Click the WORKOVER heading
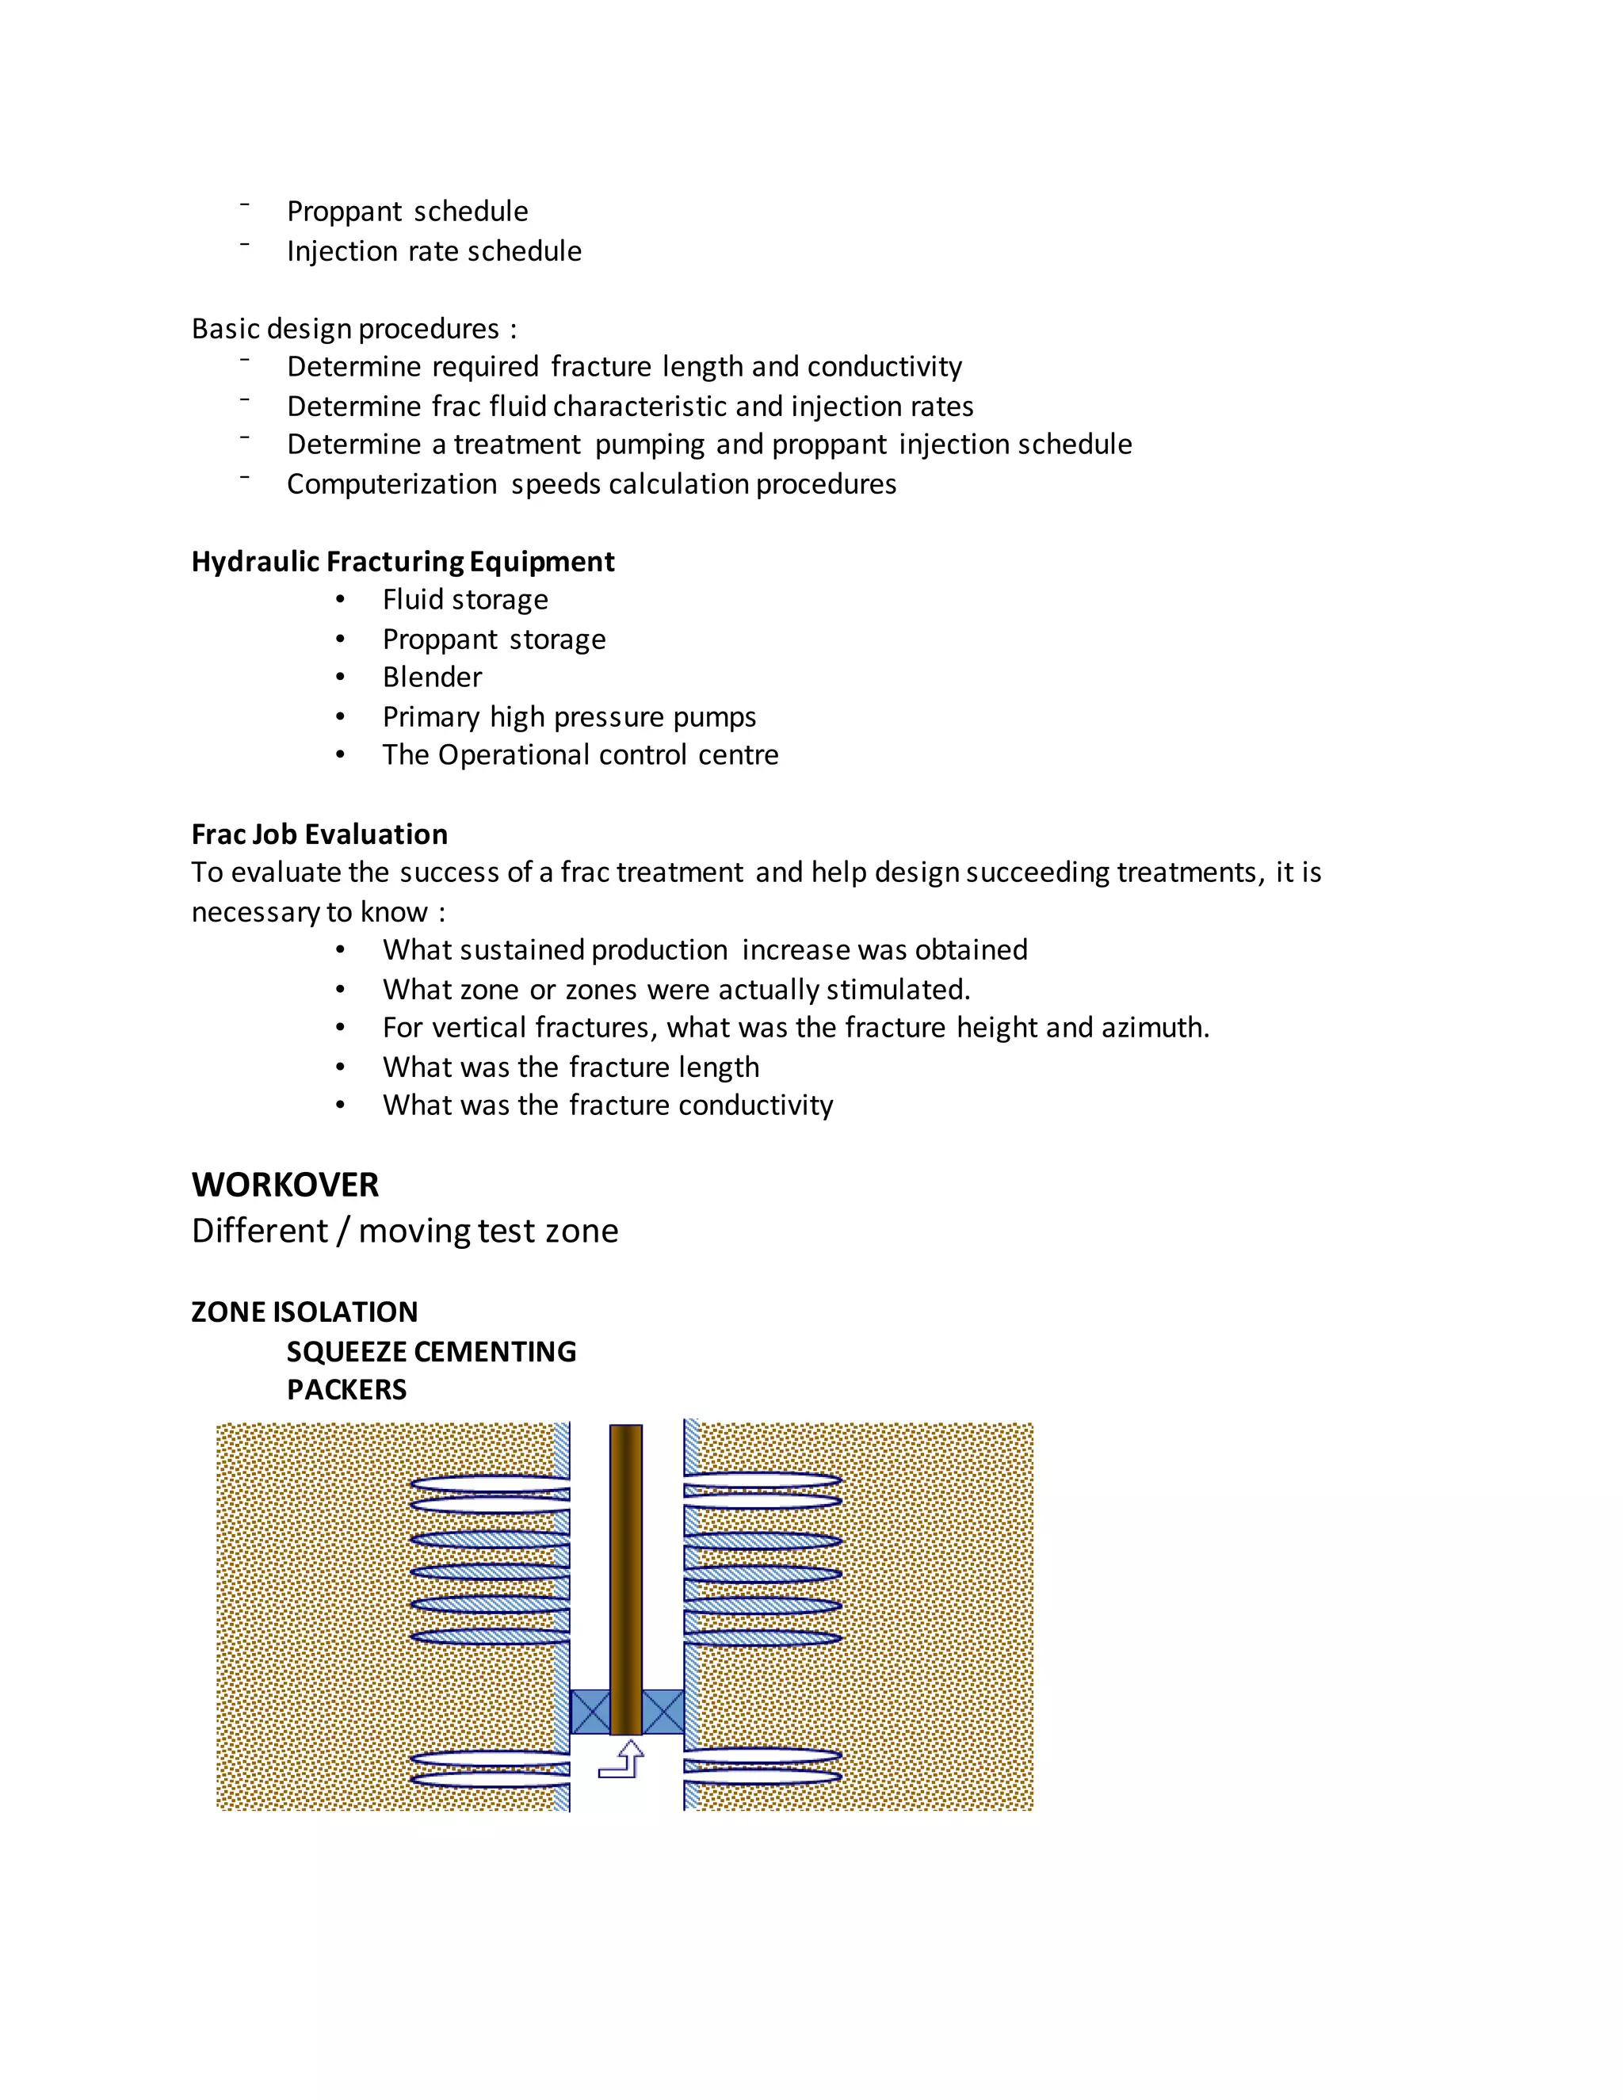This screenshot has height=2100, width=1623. (x=285, y=1185)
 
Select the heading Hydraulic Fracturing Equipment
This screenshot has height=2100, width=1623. (x=403, y=562)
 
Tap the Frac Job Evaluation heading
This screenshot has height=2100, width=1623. (x=319, y=834)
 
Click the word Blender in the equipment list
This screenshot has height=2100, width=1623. (x=432, y=677)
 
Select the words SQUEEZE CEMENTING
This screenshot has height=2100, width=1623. (x=431, y=1351)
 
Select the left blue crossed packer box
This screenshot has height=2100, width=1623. (x=590, y=1712)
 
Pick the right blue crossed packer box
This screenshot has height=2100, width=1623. (x=663, y=1712)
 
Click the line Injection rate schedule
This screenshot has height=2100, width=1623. (x=433, y=251)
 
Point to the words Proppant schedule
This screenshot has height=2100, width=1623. (x=407, y=212)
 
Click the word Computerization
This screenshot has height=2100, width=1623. (x=391, y=483)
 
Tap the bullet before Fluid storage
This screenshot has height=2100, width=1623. (x=340, y=600)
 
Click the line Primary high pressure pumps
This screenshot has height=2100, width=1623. (x=569, y=716)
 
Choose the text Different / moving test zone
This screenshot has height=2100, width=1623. (x=405, y=1231)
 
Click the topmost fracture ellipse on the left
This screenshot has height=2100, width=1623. (x=491, y=1483)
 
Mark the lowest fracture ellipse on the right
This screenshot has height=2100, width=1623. (x=762, y=1777)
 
